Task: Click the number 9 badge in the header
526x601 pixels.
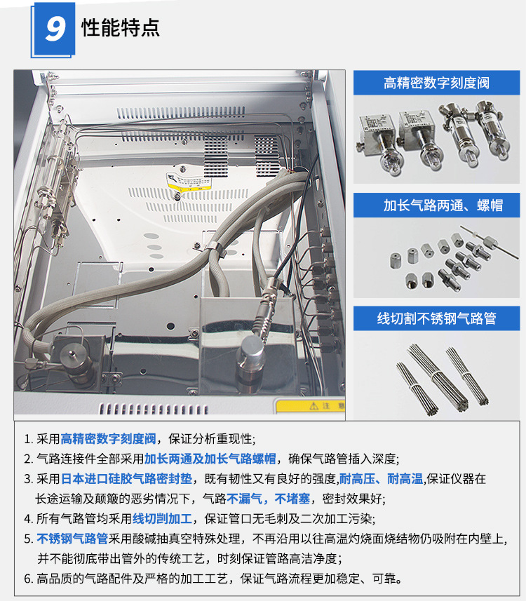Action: click(54, 29)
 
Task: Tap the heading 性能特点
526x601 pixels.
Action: click(121, 27)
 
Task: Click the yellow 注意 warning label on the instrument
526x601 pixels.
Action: click(309, 406)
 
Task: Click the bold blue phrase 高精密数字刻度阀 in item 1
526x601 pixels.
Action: click(109, 440)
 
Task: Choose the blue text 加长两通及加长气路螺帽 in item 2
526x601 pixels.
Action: click(210, 459)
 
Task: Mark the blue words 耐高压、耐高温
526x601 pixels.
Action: click(381, 479)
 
